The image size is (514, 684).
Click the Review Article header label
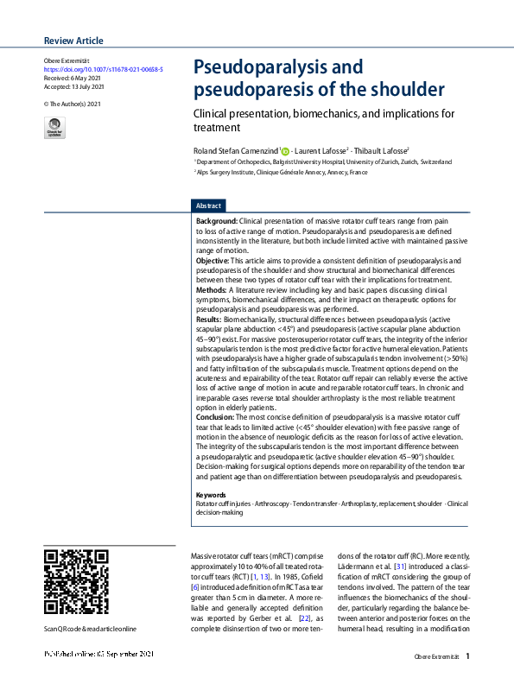(73, 41)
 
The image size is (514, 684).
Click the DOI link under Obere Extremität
(103, 68)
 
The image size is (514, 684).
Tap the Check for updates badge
(54, 128)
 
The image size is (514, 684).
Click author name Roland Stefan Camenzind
(235, 150)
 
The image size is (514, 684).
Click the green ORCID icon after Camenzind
(285, 151)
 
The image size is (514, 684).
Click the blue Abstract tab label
(209, 206)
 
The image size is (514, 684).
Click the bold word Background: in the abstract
(217, 221)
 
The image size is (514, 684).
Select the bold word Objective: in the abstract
(213, 260)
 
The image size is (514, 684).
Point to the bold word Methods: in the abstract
(212, 291)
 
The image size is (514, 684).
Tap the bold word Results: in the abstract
(210, 320)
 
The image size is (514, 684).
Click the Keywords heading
(211, 495)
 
